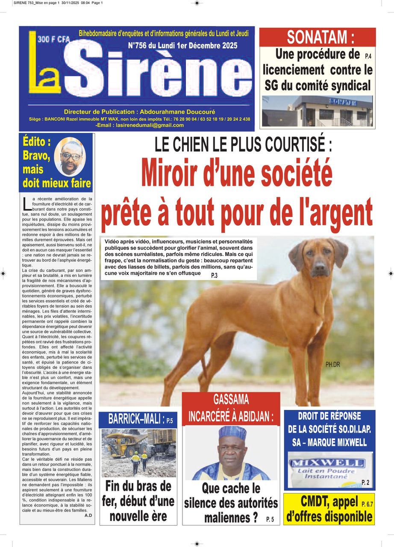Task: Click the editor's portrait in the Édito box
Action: coord(70,157)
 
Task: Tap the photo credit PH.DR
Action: coord(332,365)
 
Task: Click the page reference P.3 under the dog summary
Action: coord(214,276)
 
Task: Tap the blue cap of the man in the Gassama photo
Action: coord(232,433)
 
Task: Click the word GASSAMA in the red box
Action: coord(231,400)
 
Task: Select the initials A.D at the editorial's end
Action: coord(88,515)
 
